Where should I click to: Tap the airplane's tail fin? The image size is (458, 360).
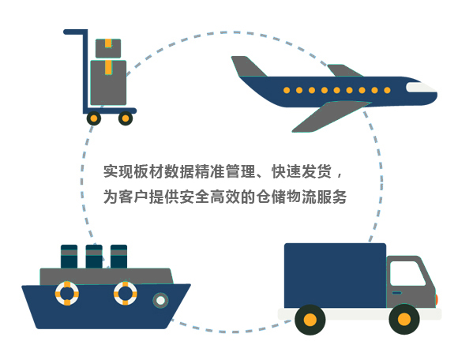(248, 67)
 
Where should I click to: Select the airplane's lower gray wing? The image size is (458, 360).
(330, 116)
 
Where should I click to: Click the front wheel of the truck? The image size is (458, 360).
(404, 319)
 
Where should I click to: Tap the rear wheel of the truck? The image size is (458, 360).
(310, 320)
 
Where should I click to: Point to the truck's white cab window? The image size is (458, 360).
(407, 273)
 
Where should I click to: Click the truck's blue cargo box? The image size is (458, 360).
(335, 276)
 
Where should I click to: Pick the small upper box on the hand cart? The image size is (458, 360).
(108, 48)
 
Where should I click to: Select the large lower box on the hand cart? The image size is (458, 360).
(108, 83)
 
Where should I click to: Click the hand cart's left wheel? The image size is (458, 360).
(94, 118)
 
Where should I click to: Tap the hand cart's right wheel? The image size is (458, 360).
(126, 118)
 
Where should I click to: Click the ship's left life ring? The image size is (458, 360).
(67, 293)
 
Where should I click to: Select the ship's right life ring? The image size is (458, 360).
(126, 293)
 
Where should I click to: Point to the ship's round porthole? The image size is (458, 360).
(160, 300)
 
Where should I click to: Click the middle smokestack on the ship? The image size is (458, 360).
(94, 257)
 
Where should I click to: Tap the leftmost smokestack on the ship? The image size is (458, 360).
(69, 257)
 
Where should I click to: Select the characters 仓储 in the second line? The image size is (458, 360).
(271, 197)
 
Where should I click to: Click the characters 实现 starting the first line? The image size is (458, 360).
(118, 171)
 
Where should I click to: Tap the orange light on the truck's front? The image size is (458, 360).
(437, 299)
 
